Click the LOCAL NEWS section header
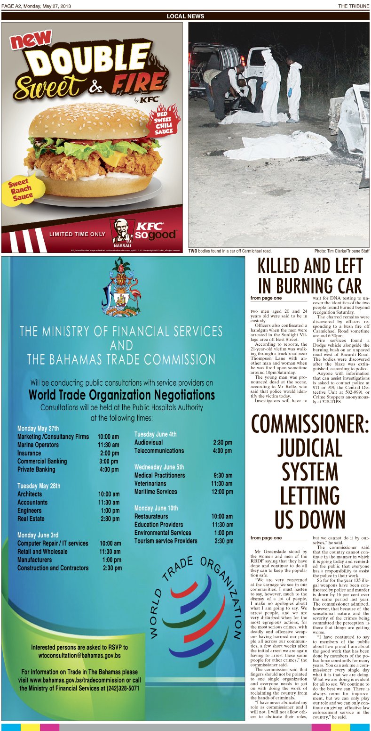[x=185, y=16]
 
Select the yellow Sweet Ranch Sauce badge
[x=20, y=189]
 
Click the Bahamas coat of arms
[x=121, y=288]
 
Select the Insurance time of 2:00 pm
[x=109, y=453]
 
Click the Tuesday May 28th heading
[x=39, y=486]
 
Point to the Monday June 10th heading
[x=156, y=508]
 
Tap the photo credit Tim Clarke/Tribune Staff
[x=342, y=251]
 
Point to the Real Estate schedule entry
[x=31, y=519]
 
